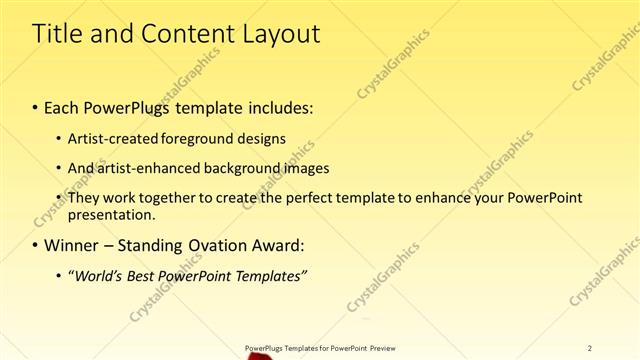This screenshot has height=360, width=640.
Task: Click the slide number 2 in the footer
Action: [x=590, y=347]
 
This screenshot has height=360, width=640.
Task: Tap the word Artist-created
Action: [x=109, y=137]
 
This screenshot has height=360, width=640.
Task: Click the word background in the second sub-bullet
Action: [x=237, y=168]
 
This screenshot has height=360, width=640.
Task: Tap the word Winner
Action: [x=74, y=244]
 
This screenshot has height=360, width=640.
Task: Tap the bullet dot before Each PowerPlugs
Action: [x=36, y=105]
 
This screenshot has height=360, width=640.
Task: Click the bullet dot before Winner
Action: [x=36, y=245]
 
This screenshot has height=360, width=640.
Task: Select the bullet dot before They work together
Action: [x=59, y=198]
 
